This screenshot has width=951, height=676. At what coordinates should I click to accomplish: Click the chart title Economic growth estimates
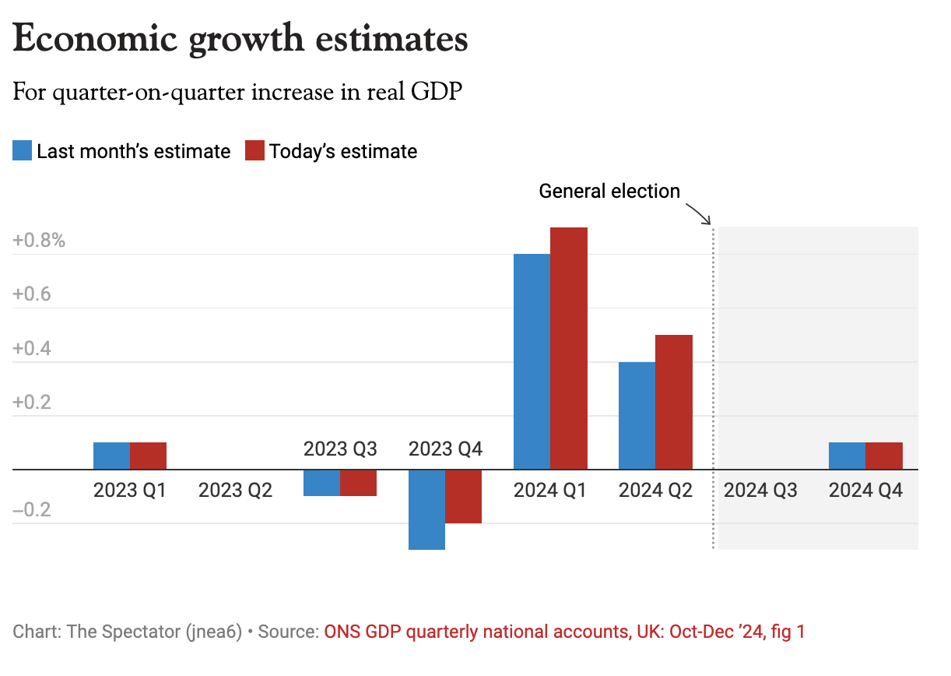click(x=240, y=39)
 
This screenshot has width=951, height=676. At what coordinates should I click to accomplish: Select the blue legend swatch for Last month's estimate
click(x=23, y=150)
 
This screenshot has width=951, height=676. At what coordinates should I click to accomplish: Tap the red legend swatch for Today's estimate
click(x=255, y=150)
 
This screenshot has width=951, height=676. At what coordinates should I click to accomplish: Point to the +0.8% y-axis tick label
click(x=39, y=240)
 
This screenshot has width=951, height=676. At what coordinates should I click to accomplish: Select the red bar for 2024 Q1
click(x=569, y=348)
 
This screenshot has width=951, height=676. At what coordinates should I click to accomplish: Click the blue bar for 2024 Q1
click(x=532, y=361)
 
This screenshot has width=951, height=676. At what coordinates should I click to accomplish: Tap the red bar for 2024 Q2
click(x=674, y=402)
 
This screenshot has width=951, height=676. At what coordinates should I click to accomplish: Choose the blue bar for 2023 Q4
click(x=426, y=509)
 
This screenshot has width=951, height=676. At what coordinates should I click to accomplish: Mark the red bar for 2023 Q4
click(x=463, y=496)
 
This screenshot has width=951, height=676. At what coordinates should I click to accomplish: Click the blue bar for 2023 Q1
click(x=111, y=456)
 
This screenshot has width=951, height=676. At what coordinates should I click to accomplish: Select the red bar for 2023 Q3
click(x=358, y=483)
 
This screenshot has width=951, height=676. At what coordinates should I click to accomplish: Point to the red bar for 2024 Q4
click(x=884, y=456)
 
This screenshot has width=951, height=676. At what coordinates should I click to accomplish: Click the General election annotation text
click(x=609, y=191)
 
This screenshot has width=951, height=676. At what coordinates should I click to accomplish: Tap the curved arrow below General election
click(x=699, y=213)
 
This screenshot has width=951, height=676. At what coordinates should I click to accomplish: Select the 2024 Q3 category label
click(x=760, y=491)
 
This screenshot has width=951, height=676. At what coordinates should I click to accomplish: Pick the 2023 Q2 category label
click(x=236, y=491)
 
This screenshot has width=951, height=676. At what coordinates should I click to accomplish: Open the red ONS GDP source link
click(x=564, y=632)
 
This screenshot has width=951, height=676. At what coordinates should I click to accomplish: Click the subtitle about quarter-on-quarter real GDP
click(x=237, y=93)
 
